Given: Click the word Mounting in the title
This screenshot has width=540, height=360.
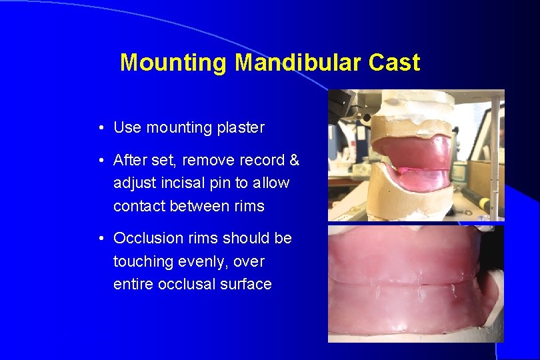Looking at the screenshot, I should point(174,63).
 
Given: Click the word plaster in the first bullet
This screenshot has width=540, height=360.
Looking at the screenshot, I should point(240,127).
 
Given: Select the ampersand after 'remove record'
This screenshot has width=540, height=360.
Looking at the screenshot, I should point(294,161).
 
